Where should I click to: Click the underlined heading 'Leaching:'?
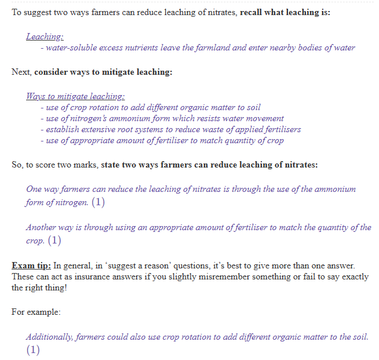[45, 37]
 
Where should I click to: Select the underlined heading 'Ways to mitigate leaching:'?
[75, 96]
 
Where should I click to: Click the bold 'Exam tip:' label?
[31, 266]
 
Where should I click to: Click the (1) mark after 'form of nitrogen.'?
[99, 202]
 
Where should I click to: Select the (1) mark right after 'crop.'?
[54, 239]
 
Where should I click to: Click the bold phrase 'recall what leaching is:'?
[285, 12]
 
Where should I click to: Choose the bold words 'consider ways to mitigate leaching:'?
[103, 72]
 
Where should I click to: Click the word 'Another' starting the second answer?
[41, 227]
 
